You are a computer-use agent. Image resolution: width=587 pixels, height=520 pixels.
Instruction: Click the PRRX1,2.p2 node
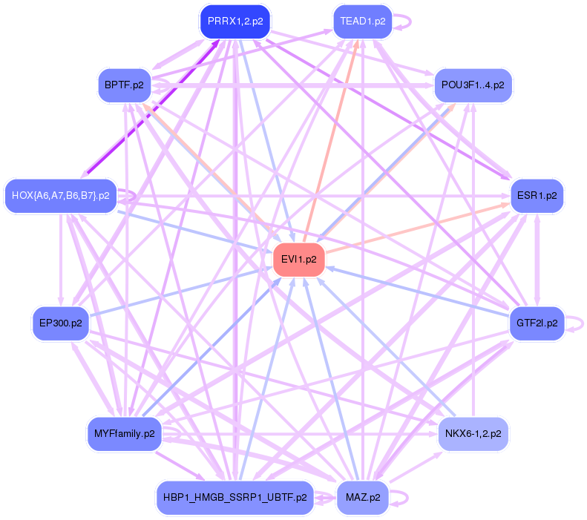(x=235, y=22)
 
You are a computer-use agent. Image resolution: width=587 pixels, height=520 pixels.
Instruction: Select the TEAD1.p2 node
(x=363, y=22)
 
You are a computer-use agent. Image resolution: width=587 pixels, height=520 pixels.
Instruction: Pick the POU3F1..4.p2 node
(x=473, y=85)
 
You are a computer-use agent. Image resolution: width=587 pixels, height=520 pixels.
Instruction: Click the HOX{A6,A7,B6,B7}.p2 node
(x=61, y=196)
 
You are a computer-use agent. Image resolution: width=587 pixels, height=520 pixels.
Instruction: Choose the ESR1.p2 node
(x=537, y=196)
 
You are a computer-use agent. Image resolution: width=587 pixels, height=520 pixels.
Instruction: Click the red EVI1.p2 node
(x=299, y=260)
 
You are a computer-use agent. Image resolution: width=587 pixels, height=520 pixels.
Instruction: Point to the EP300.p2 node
(x=61, y=323)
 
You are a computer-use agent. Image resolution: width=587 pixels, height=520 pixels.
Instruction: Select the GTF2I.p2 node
(x=537, y=323)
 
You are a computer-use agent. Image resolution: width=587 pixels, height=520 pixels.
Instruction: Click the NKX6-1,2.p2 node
(x=473, y=433)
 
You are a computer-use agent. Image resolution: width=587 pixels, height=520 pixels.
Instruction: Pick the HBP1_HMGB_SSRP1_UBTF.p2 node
(x=235, y=497)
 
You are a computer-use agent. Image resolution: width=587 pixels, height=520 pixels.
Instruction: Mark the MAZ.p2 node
(x=363, y=497)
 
